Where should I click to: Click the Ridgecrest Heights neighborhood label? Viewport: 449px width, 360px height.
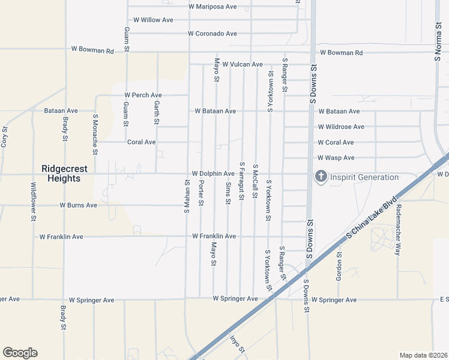point(60,173)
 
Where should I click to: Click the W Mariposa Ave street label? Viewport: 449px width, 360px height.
point(212,7)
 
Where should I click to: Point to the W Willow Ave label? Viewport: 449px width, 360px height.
point(153,20)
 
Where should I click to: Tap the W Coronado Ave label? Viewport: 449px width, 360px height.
point(212,34)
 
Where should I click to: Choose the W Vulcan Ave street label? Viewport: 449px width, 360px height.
point(243,64)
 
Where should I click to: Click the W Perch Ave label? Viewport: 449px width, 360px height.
point(143,95)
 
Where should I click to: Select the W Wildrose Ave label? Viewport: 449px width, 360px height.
point(341,127)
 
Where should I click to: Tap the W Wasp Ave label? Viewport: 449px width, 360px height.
point(336,158)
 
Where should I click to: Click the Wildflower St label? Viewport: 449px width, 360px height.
point(33,201)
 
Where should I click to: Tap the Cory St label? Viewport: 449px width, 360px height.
point(4,137)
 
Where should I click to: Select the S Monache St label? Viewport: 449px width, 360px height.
point(95,128)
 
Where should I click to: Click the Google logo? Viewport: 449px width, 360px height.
point(20,353)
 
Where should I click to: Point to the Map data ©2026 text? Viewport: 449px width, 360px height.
point(423,355)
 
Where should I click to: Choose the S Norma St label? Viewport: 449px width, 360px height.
point(437,43)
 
